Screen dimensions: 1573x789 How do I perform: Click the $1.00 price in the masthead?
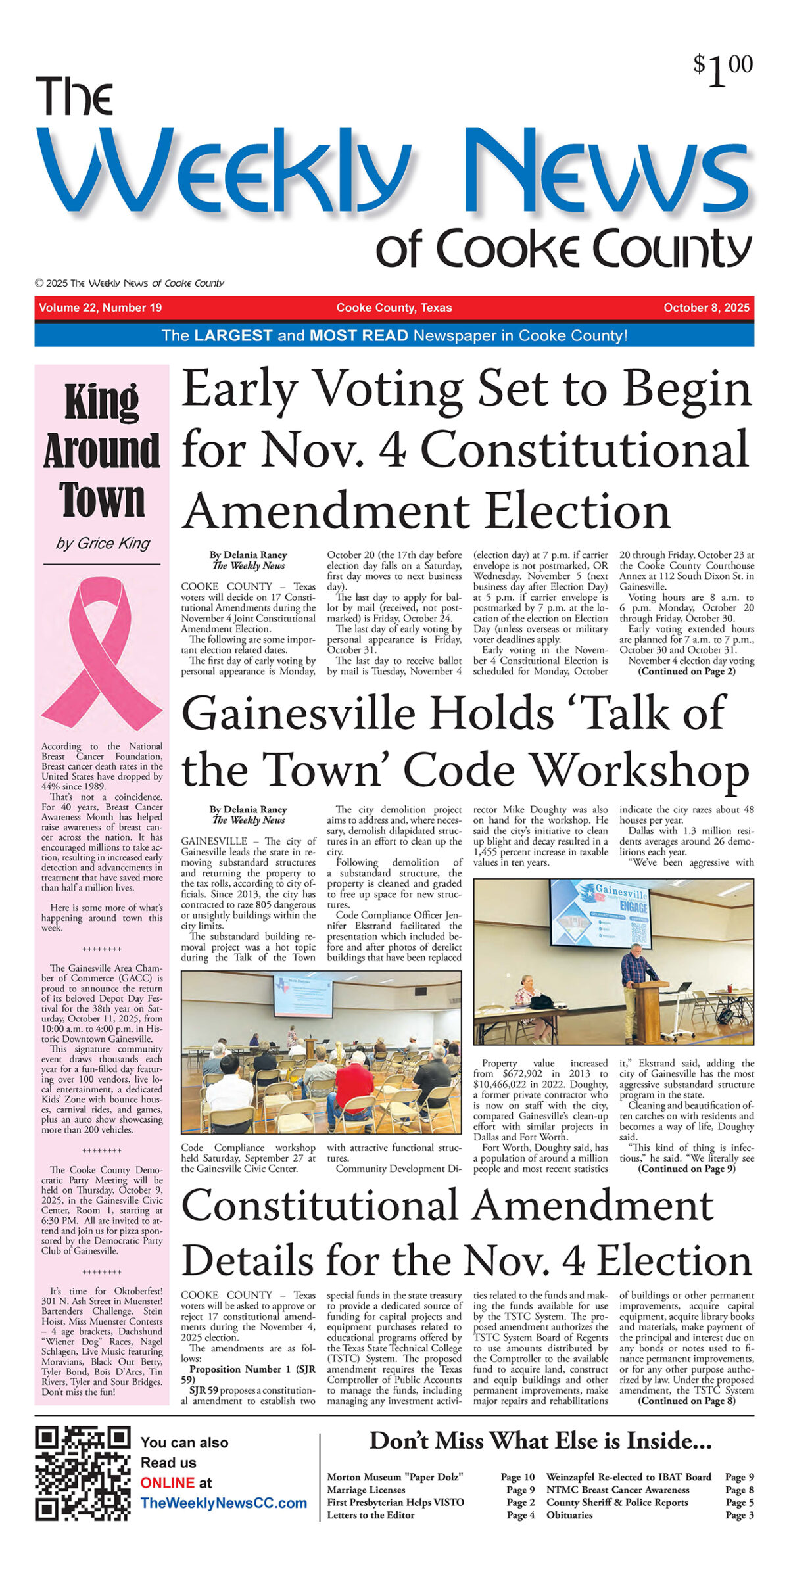(723, 69)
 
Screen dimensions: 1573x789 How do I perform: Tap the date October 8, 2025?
(706, 308)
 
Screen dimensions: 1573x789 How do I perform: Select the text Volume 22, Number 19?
(100, 308)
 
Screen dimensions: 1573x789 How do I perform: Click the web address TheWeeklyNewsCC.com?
(224, 1503)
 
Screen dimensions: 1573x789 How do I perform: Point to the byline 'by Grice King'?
(103, 544)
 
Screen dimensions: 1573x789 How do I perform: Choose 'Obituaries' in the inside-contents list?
(569, 1515)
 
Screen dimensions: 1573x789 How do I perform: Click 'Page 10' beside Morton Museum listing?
(517, 1477)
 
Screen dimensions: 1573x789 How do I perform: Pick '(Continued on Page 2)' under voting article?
(686, 671)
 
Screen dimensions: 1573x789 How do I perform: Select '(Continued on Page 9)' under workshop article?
(686, 1169)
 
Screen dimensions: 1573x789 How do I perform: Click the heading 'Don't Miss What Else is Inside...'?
(540, 1442)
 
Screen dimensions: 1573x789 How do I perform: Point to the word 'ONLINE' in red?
(167, 1483)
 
